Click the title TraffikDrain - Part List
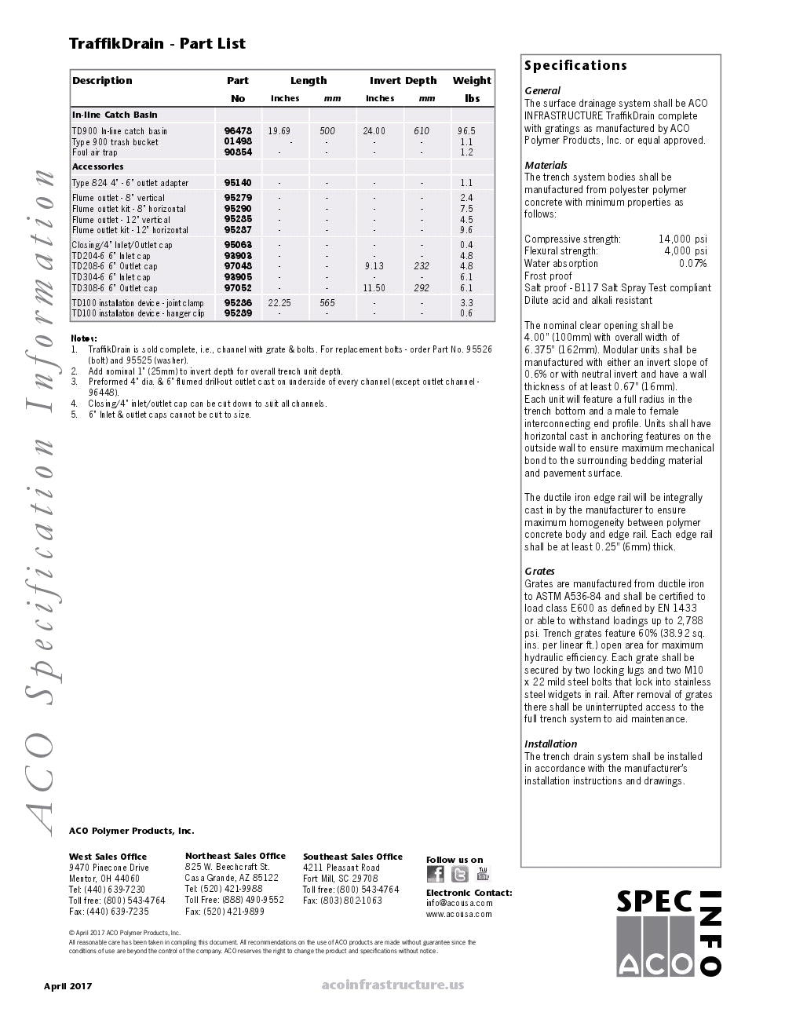point(157,44)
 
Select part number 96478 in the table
point(238,131)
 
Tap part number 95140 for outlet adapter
point(238,183)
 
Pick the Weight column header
point(472,81)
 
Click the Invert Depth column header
point(403,81)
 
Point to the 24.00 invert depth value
point(374,131)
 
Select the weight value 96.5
point(467,131)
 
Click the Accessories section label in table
point(98,166)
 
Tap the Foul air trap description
point(95,152)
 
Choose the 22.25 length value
point(279,303)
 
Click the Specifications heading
point(575,66)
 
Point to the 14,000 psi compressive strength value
point(682,239)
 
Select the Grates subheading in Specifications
point(539,572)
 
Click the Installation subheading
point(550,744)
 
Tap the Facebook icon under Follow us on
point(436,874)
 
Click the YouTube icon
point(483,874)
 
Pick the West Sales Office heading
point(108,857)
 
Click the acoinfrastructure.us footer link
point(392,985)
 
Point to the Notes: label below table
point(84,338)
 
